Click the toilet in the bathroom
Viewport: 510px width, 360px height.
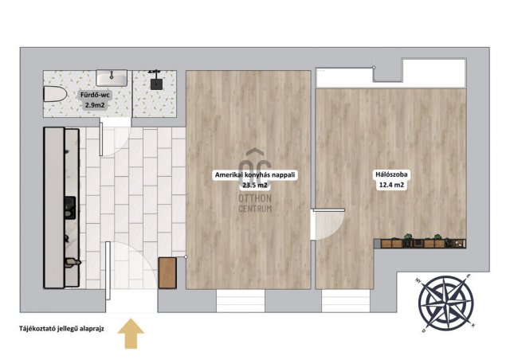click(55, 94)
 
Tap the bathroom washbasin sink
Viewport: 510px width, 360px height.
click(112, 78)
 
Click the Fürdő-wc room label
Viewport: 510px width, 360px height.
click(96, 96)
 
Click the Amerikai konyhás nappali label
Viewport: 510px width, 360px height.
click(255, 175)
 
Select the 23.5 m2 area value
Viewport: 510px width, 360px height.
click(255, 186)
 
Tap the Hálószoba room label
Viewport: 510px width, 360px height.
click(391, 174)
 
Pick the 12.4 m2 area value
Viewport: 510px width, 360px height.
click(391, 186)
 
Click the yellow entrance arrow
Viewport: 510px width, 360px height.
click(131, 334)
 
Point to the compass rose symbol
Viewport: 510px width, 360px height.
click(445, 303)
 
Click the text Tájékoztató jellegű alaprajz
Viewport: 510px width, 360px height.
click(61, 329)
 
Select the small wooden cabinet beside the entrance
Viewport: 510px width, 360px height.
click(168, 273)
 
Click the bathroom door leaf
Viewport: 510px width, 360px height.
click(101, 139)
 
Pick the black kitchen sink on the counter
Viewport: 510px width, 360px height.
click(70, 207)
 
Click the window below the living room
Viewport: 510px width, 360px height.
click(241, 301)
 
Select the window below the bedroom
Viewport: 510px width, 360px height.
click(346, 301)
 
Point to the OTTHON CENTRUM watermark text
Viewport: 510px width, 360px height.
click(255, 203)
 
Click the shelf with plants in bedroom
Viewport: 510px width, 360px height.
click(420, 243)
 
